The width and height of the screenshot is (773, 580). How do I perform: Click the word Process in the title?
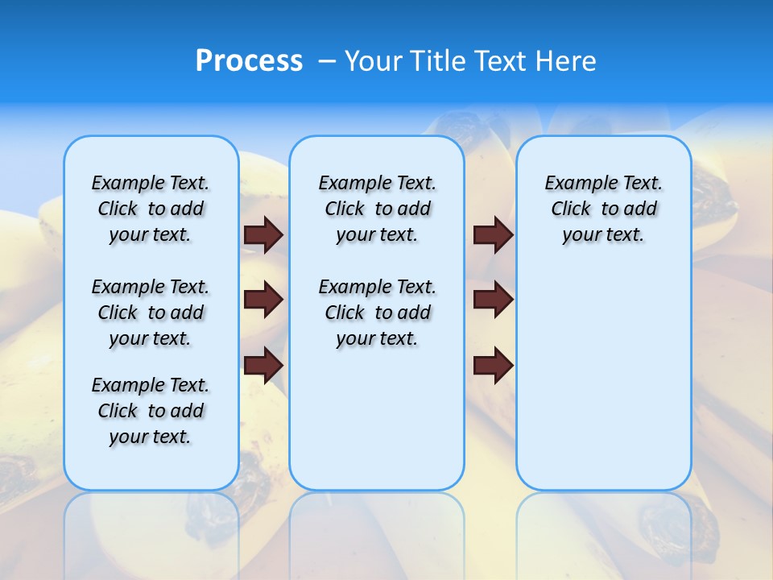click(x=249, y=60)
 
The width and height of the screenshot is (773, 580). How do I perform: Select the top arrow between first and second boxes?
click(x=263, y=234)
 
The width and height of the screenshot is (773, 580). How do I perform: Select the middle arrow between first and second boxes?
click(x=263, y=300)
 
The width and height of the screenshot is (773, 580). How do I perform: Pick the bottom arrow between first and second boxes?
click(x=263, y=366)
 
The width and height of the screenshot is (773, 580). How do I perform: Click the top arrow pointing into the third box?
click(x=493, y=234)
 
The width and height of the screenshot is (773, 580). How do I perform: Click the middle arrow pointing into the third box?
click(x=493, y=300)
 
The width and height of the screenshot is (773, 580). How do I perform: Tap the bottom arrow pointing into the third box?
click(x=493, y=366)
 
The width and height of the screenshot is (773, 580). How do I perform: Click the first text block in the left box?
click(x=151, y=209)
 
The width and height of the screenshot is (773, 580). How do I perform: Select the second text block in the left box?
click(x=151, y=313)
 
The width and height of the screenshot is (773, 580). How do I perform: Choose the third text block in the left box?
click(x=151, y=411)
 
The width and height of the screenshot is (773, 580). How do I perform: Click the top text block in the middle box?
click(x=377, y=209)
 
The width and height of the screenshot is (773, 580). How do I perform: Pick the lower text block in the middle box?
click(x=377, y=313)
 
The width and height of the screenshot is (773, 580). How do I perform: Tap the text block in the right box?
click(x=603, y=209)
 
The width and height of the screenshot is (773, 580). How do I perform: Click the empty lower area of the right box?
click(x=603, y=379)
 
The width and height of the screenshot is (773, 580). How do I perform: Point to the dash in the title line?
click(x=327, y=61)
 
